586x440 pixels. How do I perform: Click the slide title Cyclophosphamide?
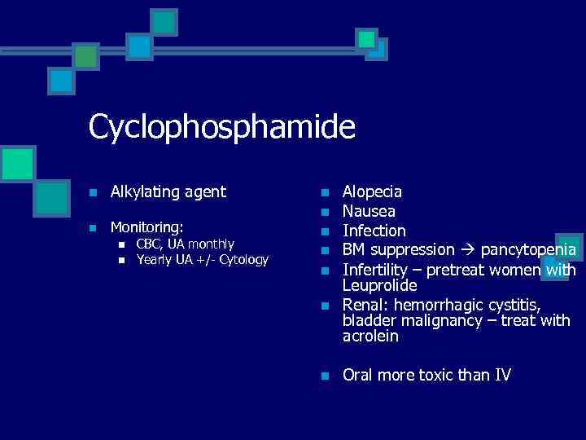pyautogui.click(x=221, y=128)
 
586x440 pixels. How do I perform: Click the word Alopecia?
pyautogui.click(x=372, y=192)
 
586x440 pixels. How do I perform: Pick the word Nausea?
pyautogui.click(x=369, y=211)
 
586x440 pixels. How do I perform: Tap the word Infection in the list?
pyautogui.click(x=374, y=231)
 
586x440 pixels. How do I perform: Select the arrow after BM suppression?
pyautogui.click(x=468, y=249)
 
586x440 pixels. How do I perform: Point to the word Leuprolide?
pyautogui.click(x=379, y=286)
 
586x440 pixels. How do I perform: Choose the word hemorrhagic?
pyautogui.click(x=444, y=305)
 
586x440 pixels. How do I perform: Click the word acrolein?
pyautogui.click(x=370, y=337)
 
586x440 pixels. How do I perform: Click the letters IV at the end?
pyautogui.click(x=503, y=375)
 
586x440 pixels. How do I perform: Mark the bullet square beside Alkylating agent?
pyautogui.click(x=94, y=193)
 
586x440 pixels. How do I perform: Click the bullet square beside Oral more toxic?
pyautogui.click(x=324, y=376)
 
